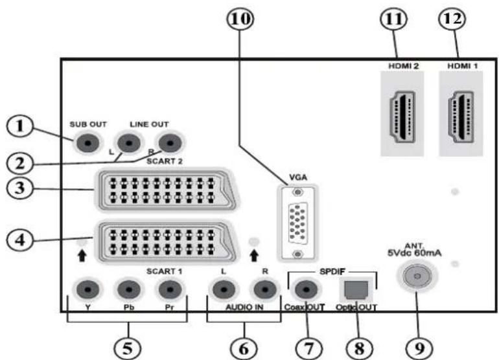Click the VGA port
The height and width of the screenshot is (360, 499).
point(297,223)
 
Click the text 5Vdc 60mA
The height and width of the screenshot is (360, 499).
point(415,253)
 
